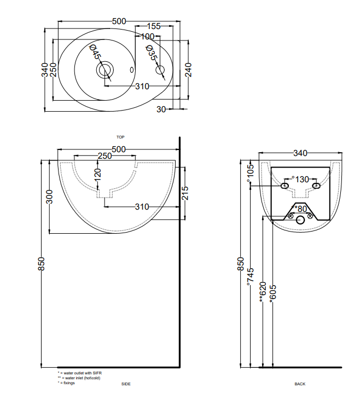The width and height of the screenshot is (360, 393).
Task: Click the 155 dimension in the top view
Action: click(154, 26)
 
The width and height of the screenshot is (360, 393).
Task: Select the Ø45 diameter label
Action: click(95, 52)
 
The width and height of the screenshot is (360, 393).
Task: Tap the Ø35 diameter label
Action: click(152, 53)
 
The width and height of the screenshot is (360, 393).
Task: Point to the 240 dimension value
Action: click(188, 70)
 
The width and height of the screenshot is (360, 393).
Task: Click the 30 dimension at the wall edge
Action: click(161, 109)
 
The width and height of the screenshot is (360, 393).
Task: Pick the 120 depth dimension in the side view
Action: click(97, 175)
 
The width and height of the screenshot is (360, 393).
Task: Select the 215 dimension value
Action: click(185, 193)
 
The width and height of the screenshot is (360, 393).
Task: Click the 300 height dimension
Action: click(50, 196)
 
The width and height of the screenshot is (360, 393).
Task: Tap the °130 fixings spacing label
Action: click(300, 180)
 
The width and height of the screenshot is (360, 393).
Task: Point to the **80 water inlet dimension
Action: click(299, 209)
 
